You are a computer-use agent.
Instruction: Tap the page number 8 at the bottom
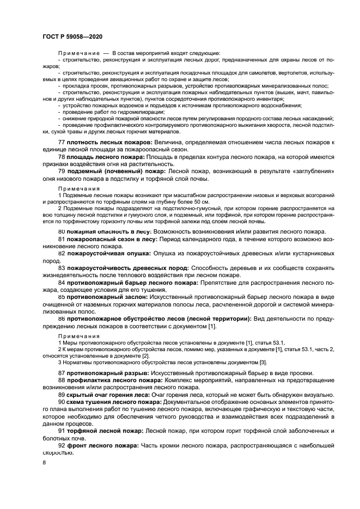click(x=45, y=463)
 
